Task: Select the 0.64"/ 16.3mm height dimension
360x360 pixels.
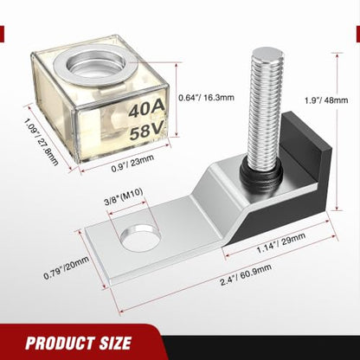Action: [x=206, y=98]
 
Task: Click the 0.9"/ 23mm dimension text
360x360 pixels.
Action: [x=132, y=163]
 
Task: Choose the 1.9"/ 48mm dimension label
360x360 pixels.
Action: [x=326, y=100]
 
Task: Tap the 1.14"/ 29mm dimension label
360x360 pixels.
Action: [x=281, y=243]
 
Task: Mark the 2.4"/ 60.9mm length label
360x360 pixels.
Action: [x=246, y=274]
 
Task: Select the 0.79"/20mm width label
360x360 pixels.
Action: [x=66, y=268]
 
